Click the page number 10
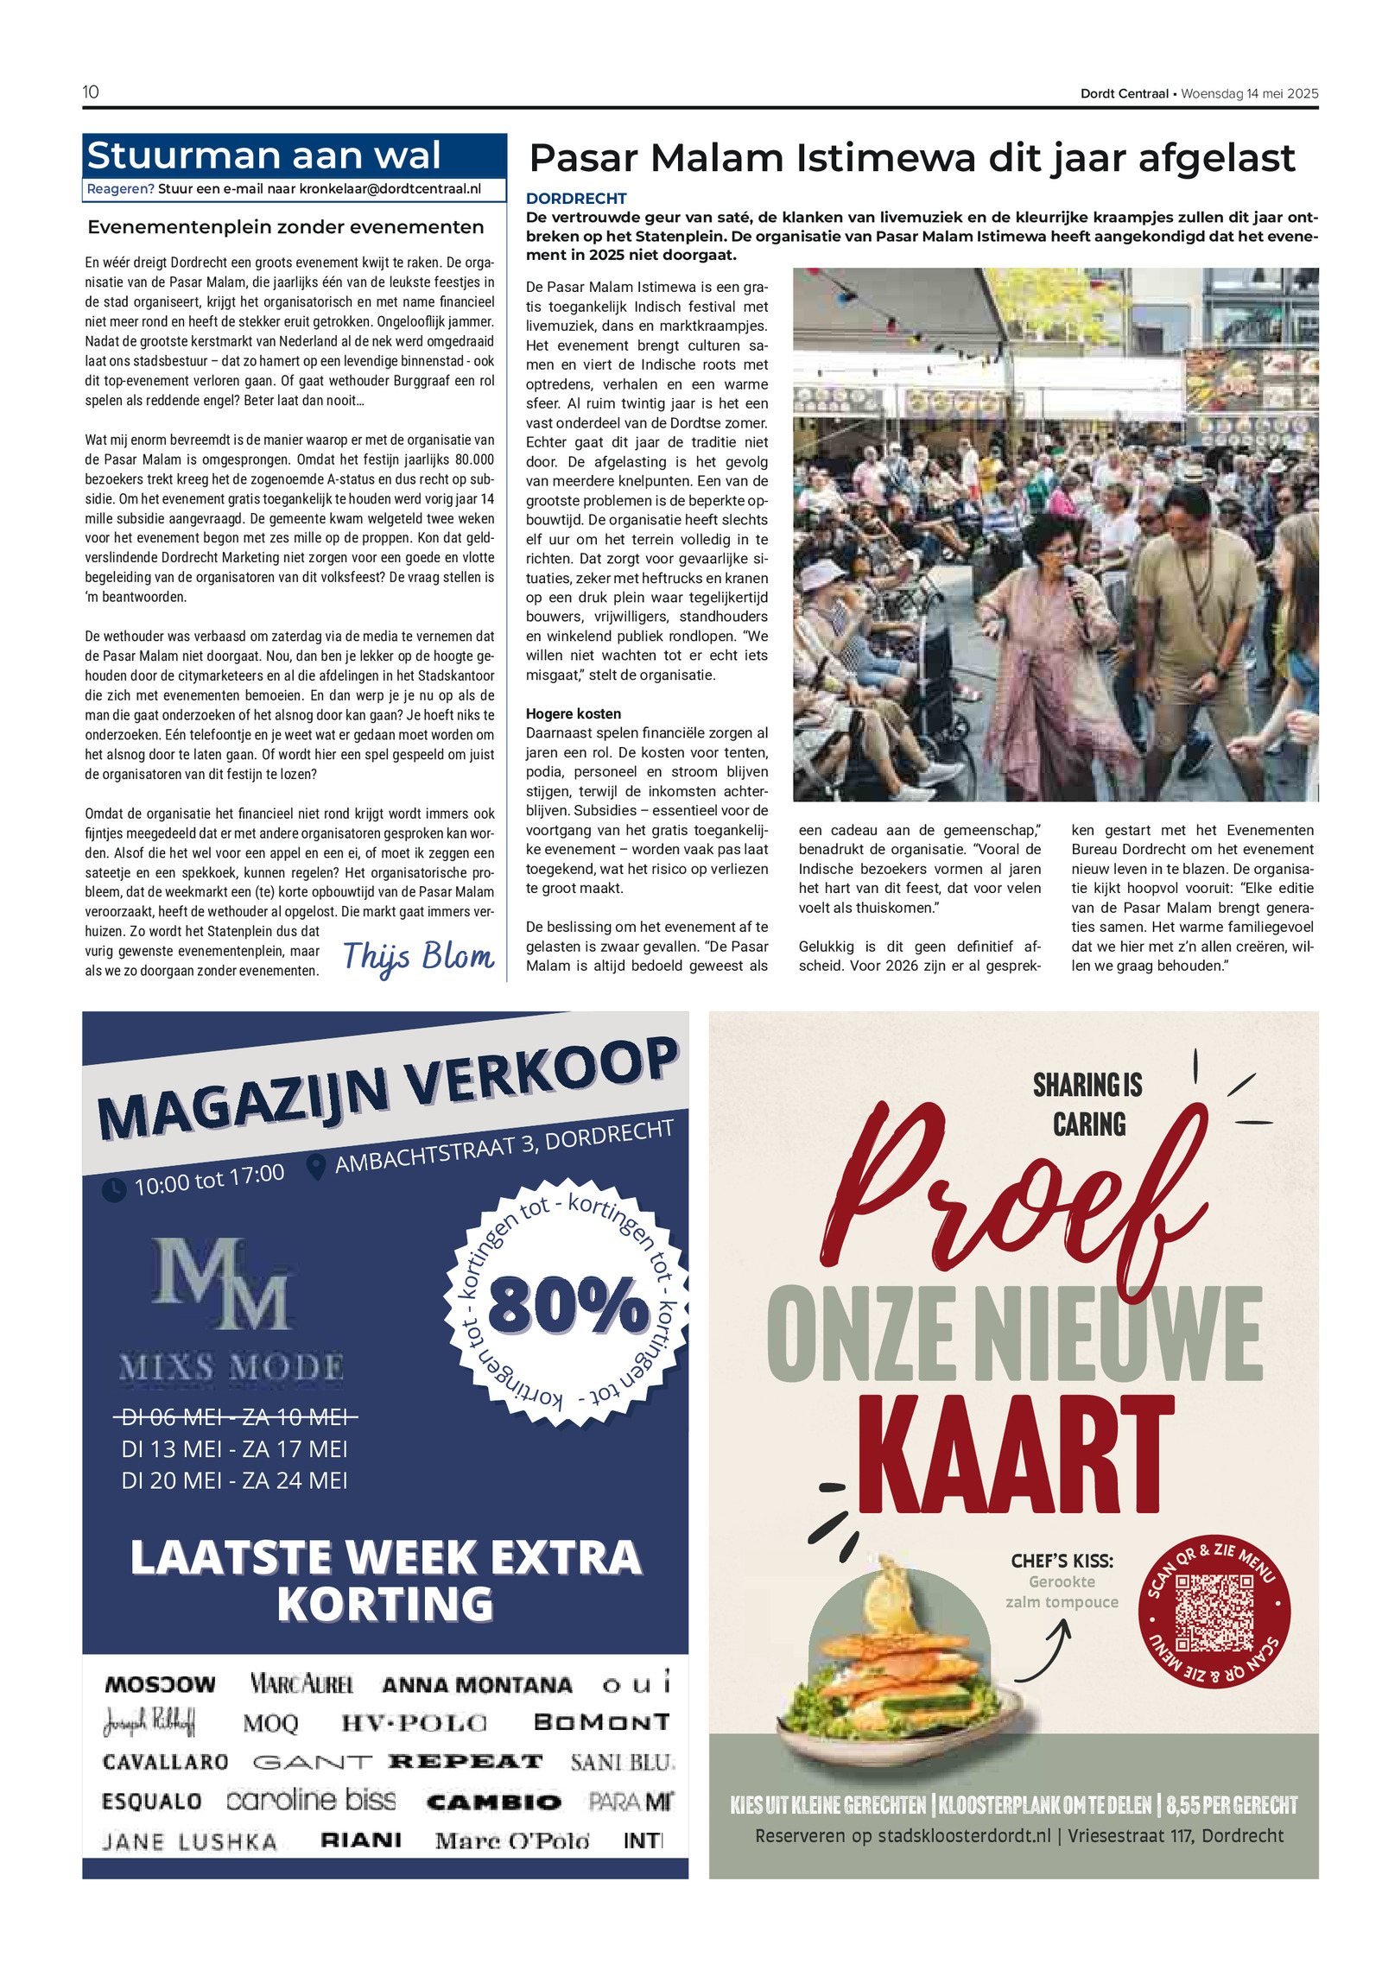(x=91, y=92)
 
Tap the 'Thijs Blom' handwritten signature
(x=418, y=956)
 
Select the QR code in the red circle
(x=1214, y=1612)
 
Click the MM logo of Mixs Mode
(x=221, y=1284)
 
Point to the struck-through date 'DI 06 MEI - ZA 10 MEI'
(x=235, y=1417)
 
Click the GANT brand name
(x=312, y=1762)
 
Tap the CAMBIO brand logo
(x=494, y=1802)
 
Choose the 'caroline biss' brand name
(x=311, y=1801)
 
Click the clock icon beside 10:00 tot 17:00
(x=114, y=1190)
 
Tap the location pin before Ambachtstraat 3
(x=316, y=1167)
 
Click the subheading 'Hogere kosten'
(x=574, y=713)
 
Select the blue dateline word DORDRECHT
(x=576, y=199)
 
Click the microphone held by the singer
(x=1074, y=590)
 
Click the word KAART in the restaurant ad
(x=1016, y=1455)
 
